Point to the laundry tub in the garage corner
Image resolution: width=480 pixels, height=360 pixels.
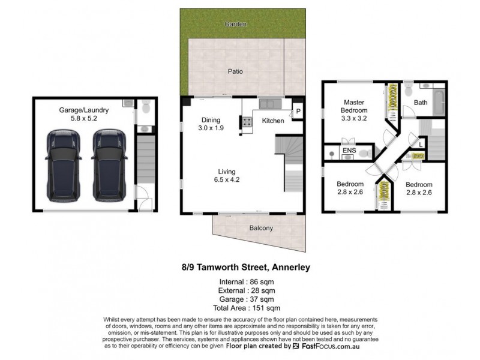[128, 104]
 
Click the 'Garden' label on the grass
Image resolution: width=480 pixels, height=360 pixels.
[236, 24]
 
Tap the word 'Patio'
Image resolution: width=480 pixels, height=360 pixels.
[235, 71]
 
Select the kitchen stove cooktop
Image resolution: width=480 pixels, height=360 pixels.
[246, 122]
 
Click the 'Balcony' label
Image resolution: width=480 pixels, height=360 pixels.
[261, 228]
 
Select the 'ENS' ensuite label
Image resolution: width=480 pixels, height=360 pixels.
[349, 151]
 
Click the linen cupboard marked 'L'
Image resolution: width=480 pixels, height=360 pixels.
[422, 143]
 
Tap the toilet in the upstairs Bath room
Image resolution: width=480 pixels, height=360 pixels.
[408, 89]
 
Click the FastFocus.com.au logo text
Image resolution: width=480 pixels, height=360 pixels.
[327, 346]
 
